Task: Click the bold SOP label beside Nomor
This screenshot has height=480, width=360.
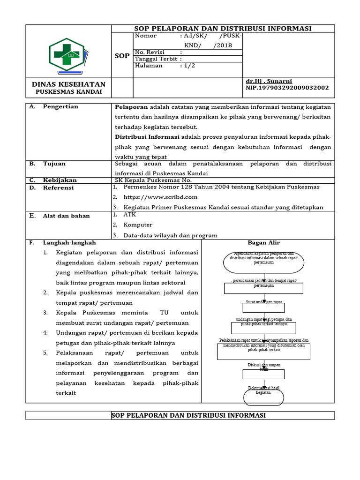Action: click(122, 56)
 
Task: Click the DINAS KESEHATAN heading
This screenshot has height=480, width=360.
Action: click(68, 84)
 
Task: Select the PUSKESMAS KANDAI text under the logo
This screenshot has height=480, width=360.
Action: click(69, 91)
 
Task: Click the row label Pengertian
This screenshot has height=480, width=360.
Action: click(60, 107)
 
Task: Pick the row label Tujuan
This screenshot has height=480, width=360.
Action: click(54, 164)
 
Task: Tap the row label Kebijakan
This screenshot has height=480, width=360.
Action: click(60, 180)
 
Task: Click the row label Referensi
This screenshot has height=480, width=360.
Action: click(58, 187)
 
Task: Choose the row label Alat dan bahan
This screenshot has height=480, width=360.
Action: click(66, 216)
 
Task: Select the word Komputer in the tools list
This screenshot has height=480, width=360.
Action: click(138, 225)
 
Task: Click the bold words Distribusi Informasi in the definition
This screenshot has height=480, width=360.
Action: click(147, 137)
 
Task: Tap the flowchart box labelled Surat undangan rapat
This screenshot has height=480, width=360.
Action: click(263, 307)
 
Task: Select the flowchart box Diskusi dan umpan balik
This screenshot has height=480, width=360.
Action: click(263, 373)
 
